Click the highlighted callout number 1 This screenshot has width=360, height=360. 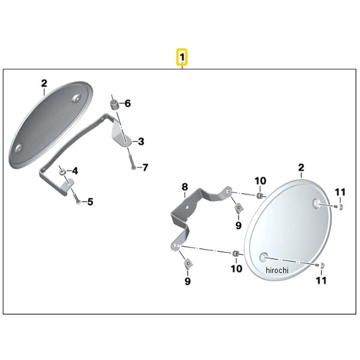[182, 57]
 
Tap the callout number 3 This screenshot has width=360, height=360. [141, 142]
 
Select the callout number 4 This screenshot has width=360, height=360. [75, 171]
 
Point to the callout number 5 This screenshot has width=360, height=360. [90, 202]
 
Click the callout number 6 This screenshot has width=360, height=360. [128, 104]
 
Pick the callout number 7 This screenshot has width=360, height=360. [145, 167]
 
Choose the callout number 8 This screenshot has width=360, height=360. [185, 187]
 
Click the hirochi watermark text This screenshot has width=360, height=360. [277, 270]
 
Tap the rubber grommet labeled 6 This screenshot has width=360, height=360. [113, 106]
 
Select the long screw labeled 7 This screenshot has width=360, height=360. [132, 161]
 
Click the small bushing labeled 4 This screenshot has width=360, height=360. [62, 172]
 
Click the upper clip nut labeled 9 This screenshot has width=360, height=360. [239, 208]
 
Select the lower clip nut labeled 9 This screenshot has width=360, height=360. [188, 263]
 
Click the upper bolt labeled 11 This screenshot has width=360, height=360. [339, 207]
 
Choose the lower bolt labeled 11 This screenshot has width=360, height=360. [320, 265]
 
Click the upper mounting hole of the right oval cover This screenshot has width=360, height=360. [317, 203]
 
